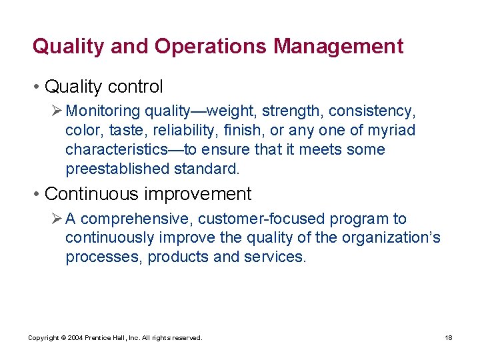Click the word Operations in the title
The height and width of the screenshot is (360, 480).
click(210, 47)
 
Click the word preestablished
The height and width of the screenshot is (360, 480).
click(117, 169)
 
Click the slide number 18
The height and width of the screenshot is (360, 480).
click(449, 338)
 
